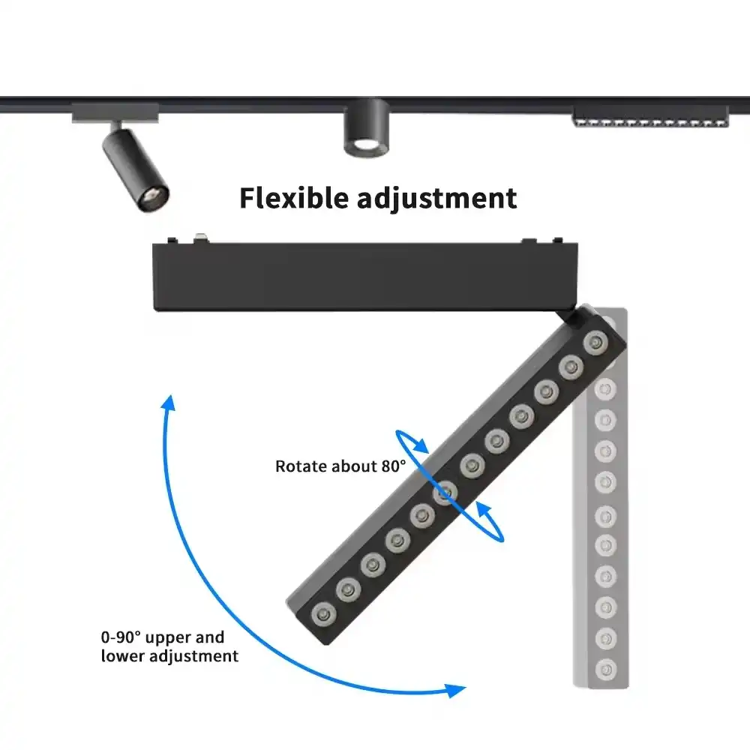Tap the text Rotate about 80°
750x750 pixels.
pos(340,466)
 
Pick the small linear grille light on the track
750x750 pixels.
pos(650,118)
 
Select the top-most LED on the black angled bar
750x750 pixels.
pos(595,343)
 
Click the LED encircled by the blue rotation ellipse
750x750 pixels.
pos(446,492)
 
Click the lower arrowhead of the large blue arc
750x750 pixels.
pos(456,689)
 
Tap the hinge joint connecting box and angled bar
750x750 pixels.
pos(580,316)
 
